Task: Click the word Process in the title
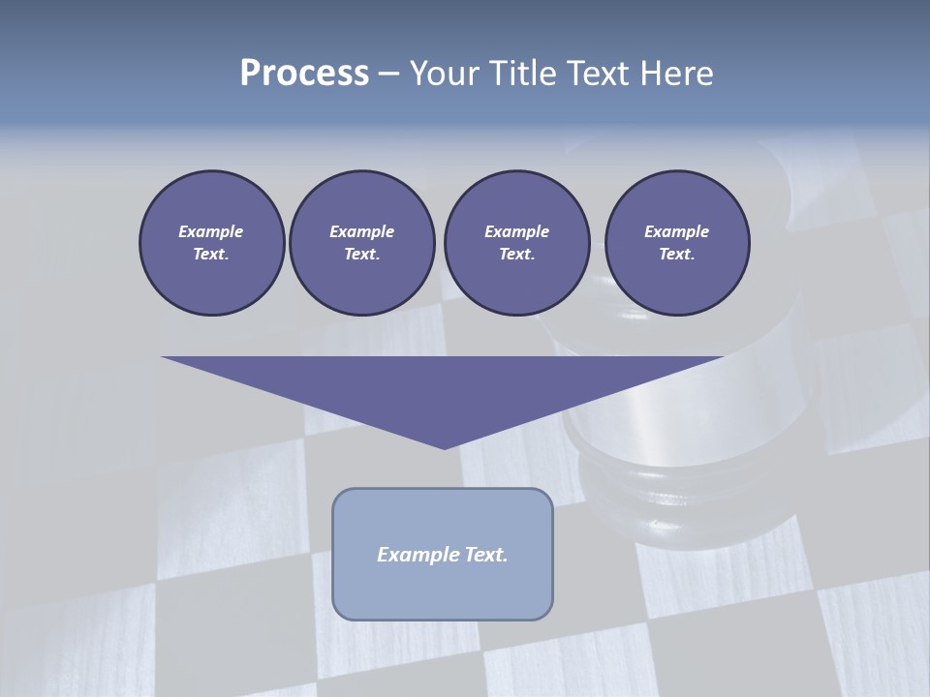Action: pyautogui.click(x=304, y=74)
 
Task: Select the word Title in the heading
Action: pyautogui.click(x=530, y=74)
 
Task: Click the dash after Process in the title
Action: pyautogui.click(x=389, y=75)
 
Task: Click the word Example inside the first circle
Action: pyautogui.click(x=210, y=231)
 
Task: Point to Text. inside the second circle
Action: pyautogui.click(x=362, y=255)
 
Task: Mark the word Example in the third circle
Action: pyautogui.click(x=516, y=231)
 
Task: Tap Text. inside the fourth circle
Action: pyautogui.click(x=677, y=255)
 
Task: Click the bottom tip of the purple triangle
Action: pyautogui.click(x=444, y=447)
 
